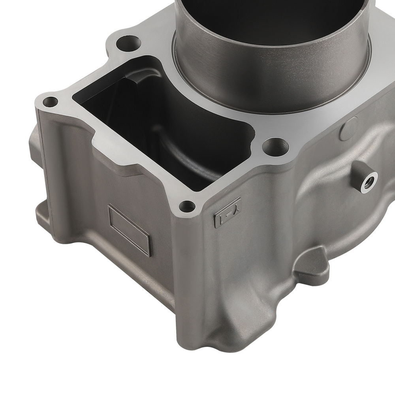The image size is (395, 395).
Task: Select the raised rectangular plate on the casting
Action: (130, 230)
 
